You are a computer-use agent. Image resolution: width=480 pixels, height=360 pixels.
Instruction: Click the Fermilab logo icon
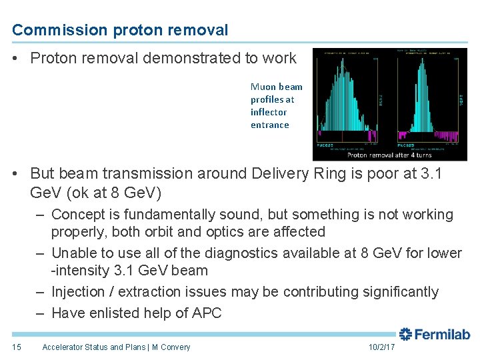point(406,334)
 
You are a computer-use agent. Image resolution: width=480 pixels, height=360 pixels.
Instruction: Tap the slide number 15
point(17,347)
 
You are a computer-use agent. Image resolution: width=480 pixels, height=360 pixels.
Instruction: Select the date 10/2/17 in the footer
point(381,347)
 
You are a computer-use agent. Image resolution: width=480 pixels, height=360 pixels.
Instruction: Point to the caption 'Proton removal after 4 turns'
point(389,155)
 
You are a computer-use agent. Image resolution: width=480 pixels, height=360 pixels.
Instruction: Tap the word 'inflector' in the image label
point(268,112)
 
